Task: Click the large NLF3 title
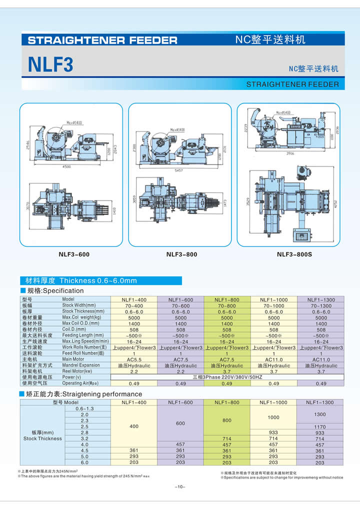50,64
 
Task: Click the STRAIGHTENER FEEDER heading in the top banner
102,40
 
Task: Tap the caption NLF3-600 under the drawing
74,254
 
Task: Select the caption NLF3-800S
294,254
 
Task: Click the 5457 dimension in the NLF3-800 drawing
180,170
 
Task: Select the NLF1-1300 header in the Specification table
320,299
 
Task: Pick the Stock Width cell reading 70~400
134,305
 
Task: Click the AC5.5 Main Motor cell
134,359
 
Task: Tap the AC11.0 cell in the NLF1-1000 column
273,359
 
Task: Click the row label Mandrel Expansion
81,365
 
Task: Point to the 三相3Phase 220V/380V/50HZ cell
227,377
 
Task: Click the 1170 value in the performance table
319,426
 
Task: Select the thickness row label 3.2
84,438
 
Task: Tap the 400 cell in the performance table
133,426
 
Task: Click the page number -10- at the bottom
180,487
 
